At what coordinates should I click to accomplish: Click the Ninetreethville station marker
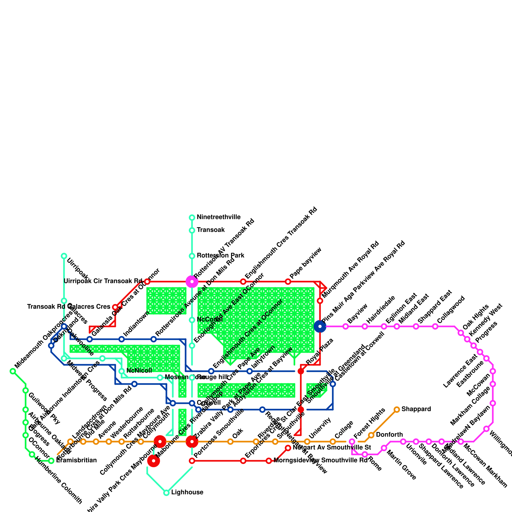(192, 218)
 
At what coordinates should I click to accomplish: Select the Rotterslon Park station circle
(192, 256)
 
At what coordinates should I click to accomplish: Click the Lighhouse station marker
(166, 493)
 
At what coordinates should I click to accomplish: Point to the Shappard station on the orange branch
(397, 410)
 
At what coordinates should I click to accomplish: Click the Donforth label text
(389, 435)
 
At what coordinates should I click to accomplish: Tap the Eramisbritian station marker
(51, 461)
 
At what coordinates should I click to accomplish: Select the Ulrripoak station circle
(64, 256)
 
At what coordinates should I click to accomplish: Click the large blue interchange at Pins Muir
(320, 326)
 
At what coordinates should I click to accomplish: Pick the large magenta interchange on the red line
(192, 282)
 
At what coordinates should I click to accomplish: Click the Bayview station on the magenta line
(346, 326)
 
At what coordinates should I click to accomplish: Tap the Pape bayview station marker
(288, 282)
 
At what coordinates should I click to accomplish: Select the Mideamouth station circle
(13, 371)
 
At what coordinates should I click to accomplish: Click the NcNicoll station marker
(122, 371)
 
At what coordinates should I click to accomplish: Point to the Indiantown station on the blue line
(122, 339)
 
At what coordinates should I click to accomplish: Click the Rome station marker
(365, 454)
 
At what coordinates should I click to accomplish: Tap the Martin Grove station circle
(384, 448)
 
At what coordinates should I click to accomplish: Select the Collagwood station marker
(435, 326)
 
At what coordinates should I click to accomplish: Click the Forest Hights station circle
(352, 442)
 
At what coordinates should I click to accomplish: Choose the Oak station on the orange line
(230, 442)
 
